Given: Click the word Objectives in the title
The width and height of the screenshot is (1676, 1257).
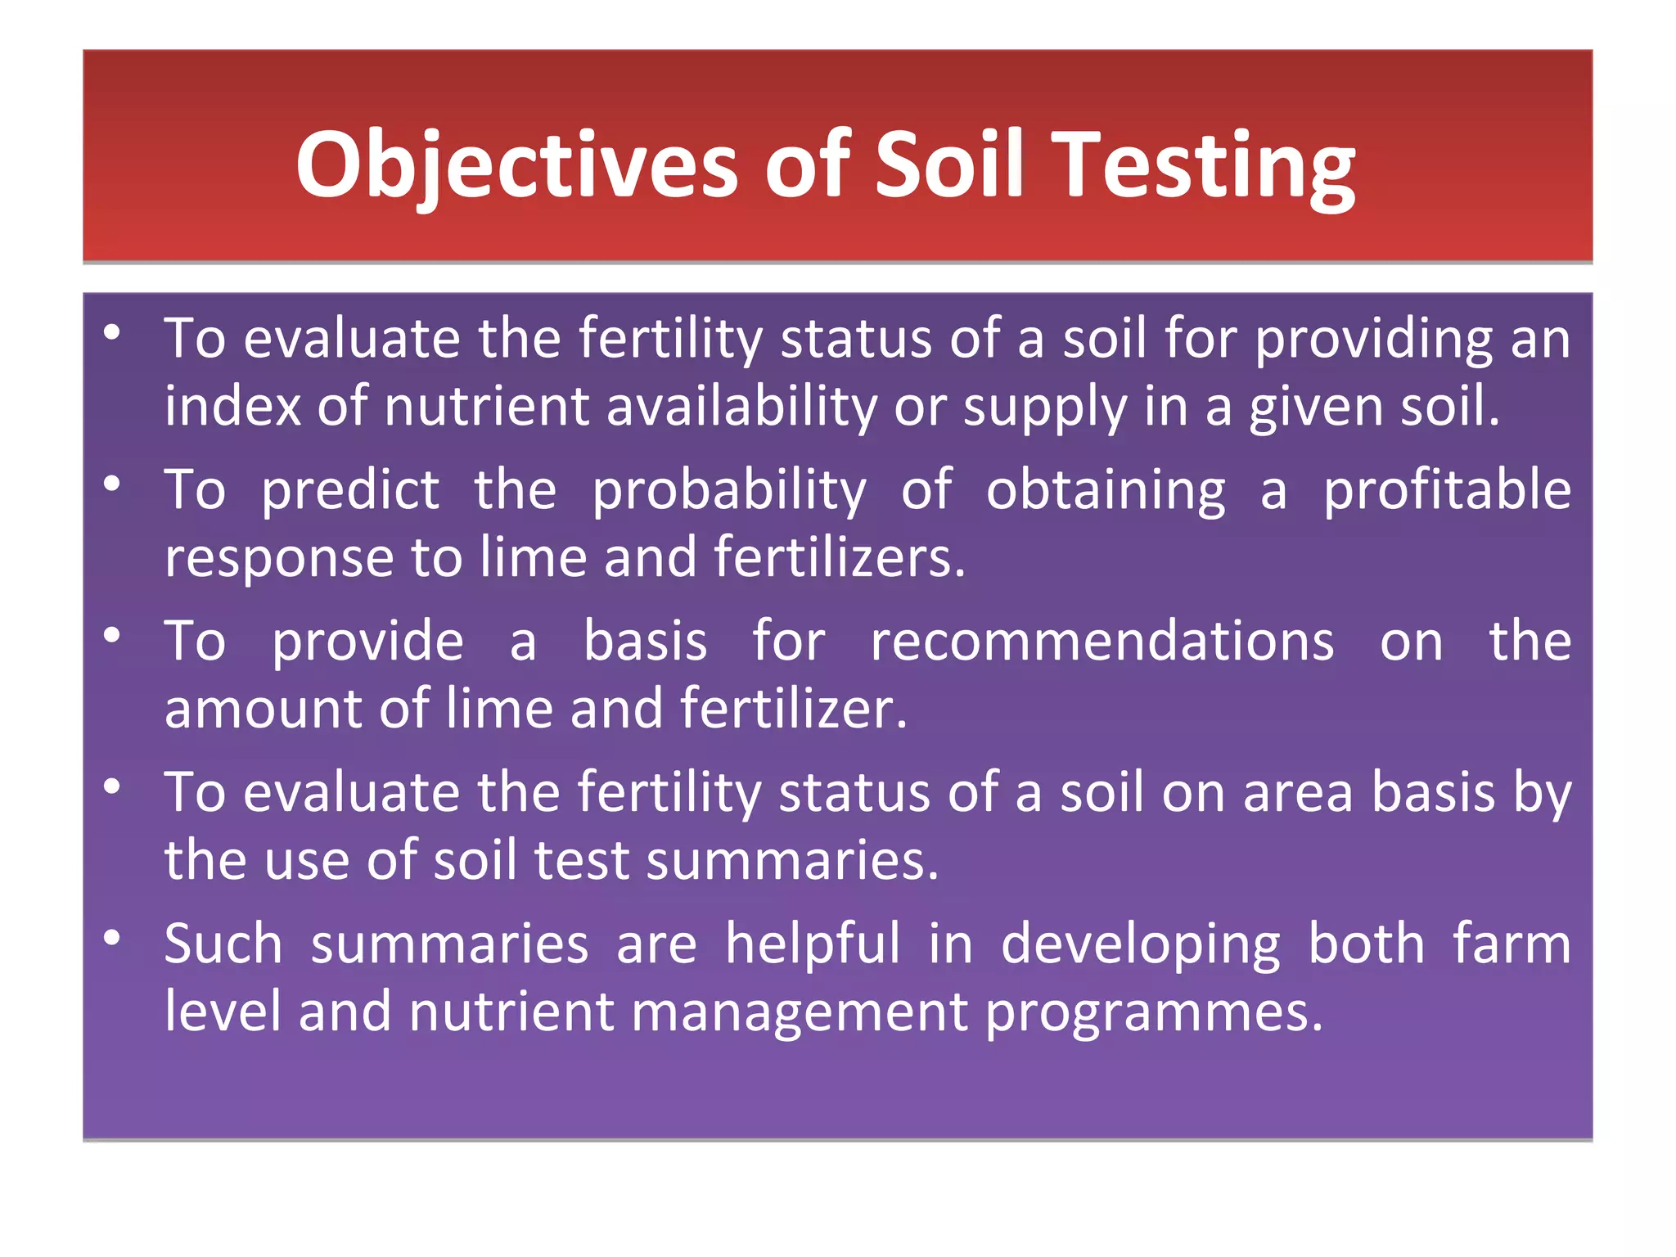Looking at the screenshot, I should (516, 166).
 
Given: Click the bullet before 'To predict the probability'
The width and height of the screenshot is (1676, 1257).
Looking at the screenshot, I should (112, 484).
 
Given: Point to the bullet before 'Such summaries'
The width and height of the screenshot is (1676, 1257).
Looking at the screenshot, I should (112, 938).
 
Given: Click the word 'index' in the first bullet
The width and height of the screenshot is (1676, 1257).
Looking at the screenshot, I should (232, 406).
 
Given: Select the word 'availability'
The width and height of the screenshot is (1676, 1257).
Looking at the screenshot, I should (741, 408).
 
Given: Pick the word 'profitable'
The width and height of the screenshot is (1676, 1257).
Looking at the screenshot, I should (1447, 490).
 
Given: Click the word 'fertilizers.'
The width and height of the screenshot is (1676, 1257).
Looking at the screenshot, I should (840, 557).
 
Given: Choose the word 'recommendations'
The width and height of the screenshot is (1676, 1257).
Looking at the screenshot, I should (1102, 641).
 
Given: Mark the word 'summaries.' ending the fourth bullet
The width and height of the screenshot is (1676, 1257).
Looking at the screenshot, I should (792, 861).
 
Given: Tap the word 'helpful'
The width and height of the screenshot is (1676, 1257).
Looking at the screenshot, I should (813, 944).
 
